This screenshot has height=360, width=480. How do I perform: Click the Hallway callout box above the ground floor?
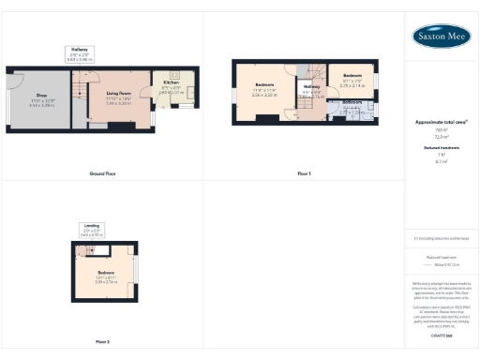click(x=79, y=52)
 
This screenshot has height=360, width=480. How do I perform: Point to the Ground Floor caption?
click(x=102, y=173)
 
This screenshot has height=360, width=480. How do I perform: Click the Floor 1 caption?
click(x=304, y=173)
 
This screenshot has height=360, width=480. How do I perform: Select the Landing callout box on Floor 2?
click(x=92, y=229)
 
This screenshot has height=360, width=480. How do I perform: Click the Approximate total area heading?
click(x=441, y=123)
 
